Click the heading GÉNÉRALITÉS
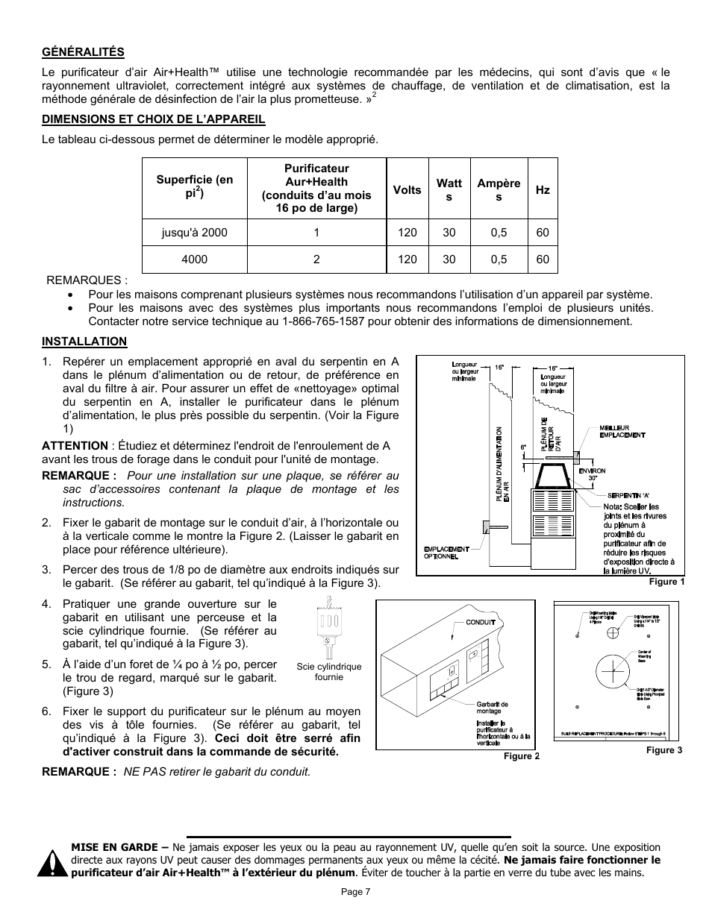point(83,51)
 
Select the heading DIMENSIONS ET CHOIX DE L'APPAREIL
point(153,119)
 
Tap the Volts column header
point(407,189)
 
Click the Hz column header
point(543,189)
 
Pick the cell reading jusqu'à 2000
point(194,233)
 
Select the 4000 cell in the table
point(194,260)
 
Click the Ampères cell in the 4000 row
point(499,260)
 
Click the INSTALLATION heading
point(84,342)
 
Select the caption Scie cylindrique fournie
point(328,672)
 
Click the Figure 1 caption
point(666,582)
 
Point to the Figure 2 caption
point(522,756)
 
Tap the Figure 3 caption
point(663,750)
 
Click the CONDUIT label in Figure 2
point(481,621)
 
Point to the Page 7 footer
point(356,892)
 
